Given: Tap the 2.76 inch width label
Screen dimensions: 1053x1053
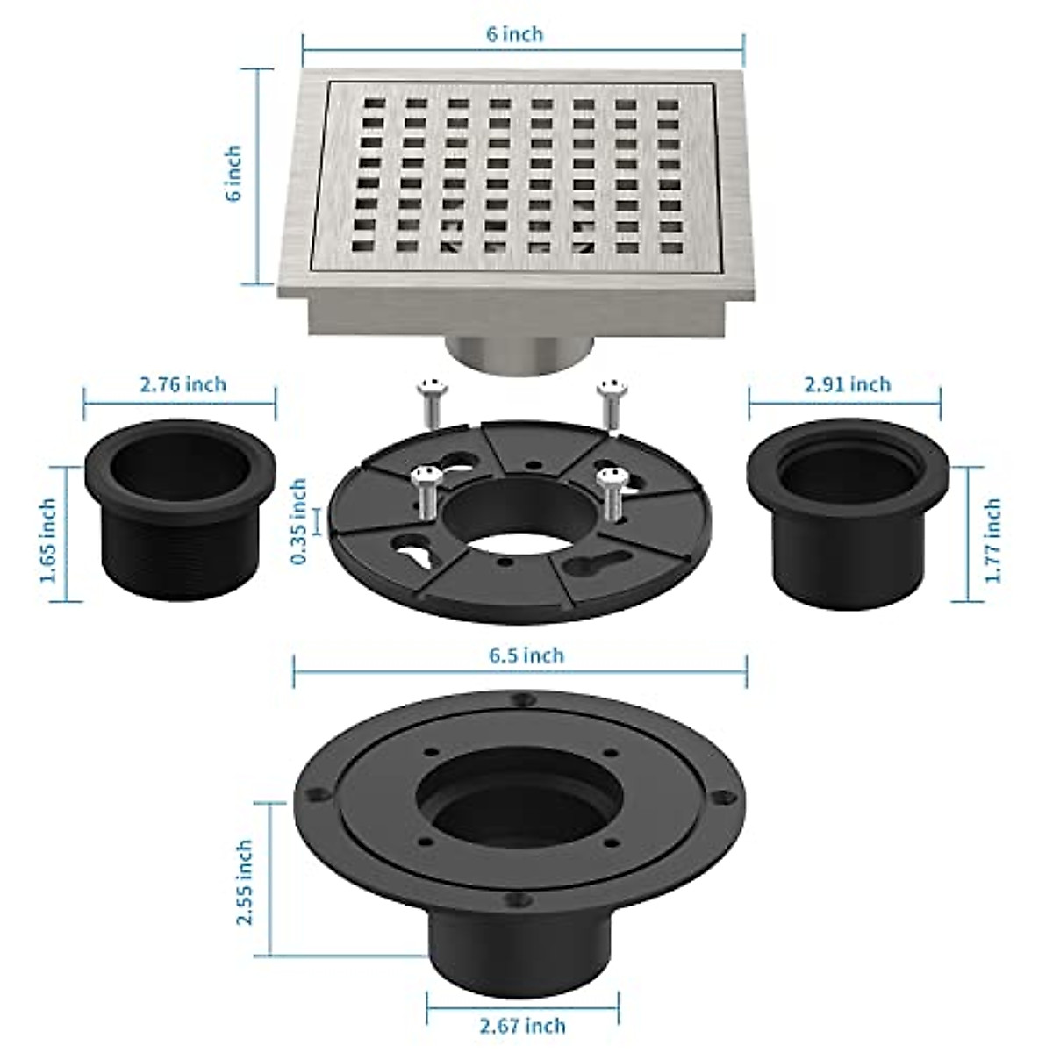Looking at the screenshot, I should point(183,384).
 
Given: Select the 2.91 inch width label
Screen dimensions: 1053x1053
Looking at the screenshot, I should point(847,384).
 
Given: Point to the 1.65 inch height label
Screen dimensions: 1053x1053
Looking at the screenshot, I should point(48,541).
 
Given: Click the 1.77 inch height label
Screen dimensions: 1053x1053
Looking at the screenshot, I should point(992,541).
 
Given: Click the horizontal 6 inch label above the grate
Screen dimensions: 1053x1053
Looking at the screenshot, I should point(516,34).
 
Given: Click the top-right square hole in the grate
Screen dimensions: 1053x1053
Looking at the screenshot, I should point(669,107).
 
